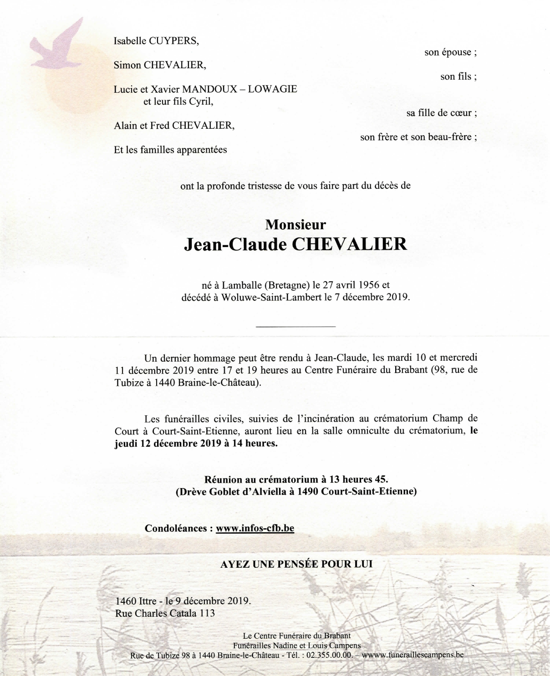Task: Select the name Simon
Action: (127, 65)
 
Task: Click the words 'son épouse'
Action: (450, 52)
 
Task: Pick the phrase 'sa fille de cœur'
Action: (441, 113)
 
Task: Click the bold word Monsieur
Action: (296, 224)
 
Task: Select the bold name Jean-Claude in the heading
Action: (235, 244)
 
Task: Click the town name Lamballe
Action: (241, 286)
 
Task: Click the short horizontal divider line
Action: (296, 326)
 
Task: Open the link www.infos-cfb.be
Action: (255, 528)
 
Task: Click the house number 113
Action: (207, 613)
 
